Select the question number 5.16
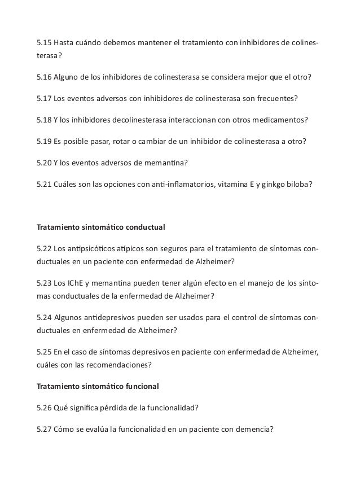43,77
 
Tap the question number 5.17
43,98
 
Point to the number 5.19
43,141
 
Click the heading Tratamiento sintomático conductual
100,227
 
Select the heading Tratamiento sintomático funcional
98,387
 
